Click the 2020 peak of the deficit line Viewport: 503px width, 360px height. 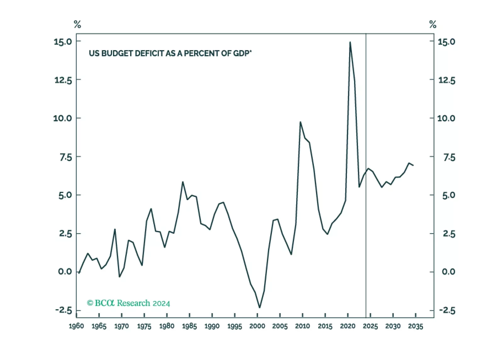pyautogui.click(x=350, y=42)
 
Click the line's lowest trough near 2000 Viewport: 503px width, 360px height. pyautogui.click(x=260, y=307)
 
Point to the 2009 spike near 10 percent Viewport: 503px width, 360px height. pyautogui.click(x=300, y=122)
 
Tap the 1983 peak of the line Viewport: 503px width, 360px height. pyautogui.click(x=183, y=182)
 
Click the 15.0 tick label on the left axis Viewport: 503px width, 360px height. pyautogui.click(x=63, y=42)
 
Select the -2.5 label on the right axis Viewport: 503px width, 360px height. pyautogui.click(x=447, y=311)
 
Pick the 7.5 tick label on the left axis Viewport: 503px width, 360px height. pyautogui.click(x=65, y=157)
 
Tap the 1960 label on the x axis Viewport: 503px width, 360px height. pyautogui.click(x=76, y=326)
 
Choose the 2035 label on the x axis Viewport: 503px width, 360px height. pyautogui.click(x=415, y=326)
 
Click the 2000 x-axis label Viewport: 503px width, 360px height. pyautogui.click(x=257, y=326)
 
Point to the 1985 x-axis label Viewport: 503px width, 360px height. pyautogui.click(x=189, y=326)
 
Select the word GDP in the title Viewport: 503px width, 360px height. pyautogui.click(x=241, y=53)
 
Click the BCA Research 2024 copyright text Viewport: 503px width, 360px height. pyautogui.click(x=128, y=303)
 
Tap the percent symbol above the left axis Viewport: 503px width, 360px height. pyautogui.click(x=77, y=24)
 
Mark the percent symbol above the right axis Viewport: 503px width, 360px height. pyautogui.click(x=433, y=24)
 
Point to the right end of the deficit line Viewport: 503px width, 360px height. pyautogui.click(x=413, y=165)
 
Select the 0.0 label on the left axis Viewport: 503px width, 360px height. pyautogui.click(x=65, y=272)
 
